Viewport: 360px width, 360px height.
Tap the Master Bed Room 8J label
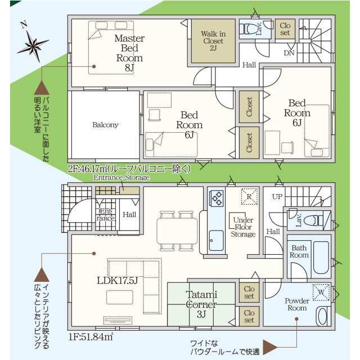[x=129, y=53]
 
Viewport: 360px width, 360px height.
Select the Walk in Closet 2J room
[x=213, y=41]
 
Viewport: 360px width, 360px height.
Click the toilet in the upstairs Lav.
[x=247, y=29]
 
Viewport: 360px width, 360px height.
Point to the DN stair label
[x=289, y=53]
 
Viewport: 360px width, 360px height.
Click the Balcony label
[x=105, y=125]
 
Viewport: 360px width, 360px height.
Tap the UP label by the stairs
[x=277, y=197]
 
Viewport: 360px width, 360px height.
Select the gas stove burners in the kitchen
[x=217, y=199]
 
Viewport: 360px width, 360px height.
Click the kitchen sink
[x=216, y=240]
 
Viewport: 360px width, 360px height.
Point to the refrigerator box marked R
[x=249, y=196]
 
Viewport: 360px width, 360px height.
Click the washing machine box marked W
[x=321, y=292]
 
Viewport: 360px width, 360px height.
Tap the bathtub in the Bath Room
[x=321, y=258]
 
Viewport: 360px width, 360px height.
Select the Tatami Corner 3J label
[x=201, y=304]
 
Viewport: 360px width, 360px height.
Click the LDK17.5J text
[x=118, y=280]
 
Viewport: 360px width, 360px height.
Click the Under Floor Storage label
[x=243, y=227]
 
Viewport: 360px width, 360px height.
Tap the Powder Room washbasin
[x=322, y=316]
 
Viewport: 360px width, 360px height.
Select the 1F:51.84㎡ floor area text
[x=91, y=337]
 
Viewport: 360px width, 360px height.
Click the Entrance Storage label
[x=121, y=178]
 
